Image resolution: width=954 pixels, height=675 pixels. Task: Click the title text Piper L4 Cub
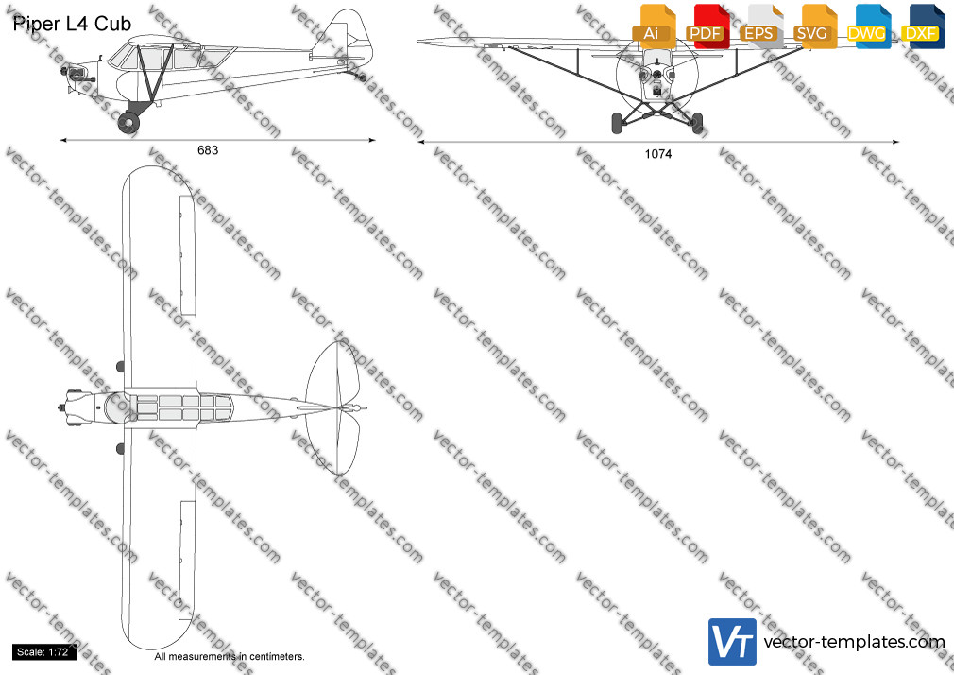72,24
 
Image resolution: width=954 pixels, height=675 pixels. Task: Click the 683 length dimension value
208,150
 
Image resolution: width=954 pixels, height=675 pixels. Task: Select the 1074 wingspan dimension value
657,154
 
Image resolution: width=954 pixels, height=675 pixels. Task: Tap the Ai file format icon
654,27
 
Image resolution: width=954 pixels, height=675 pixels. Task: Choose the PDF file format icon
707,27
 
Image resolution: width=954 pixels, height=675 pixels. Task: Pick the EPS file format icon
761,27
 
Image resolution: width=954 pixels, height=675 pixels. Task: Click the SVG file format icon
814,27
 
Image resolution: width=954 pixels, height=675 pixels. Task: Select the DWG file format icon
868,27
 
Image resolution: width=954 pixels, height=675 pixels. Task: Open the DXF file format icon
923,27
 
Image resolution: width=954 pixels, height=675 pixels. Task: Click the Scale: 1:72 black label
43,652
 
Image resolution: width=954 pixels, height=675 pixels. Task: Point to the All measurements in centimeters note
230,657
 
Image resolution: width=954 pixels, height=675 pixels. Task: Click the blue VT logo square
732,642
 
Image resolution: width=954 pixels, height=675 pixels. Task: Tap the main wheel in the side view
128,123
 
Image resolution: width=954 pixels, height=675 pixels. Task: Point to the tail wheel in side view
362,78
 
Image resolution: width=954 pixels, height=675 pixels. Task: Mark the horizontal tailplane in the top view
333,407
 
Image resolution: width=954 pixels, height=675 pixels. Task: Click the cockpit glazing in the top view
182,407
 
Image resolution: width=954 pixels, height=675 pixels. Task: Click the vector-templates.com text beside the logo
854,642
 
